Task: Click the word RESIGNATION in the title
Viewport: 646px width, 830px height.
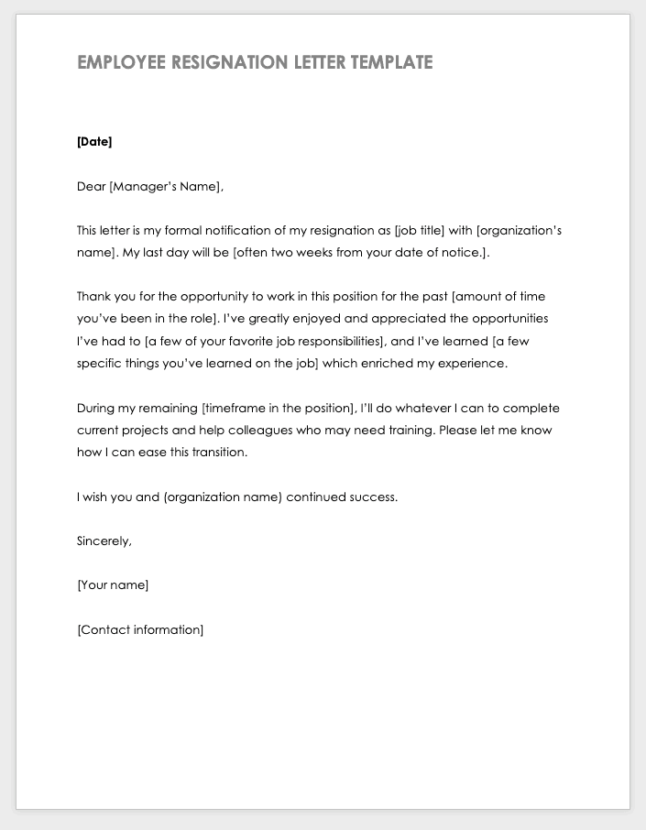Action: click(x=229, y=62)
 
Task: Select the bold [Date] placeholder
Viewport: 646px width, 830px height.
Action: click(x=94, y=142)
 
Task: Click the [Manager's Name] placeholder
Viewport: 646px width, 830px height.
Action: click(x=165, y=187)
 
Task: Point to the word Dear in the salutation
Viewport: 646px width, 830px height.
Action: click(x=91, y=187)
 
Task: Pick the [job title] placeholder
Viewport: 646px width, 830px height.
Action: click(x=419, y=231)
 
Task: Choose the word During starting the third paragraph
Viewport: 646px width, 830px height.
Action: click(x=96, y=409)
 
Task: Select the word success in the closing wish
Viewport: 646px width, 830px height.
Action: click(x=373, y=497)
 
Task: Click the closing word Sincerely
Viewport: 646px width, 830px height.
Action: click(x=104, y=541)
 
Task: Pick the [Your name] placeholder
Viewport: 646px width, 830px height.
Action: click(x=113, y=585)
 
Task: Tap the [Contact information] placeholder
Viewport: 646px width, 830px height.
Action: click(x=140, y=630)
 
